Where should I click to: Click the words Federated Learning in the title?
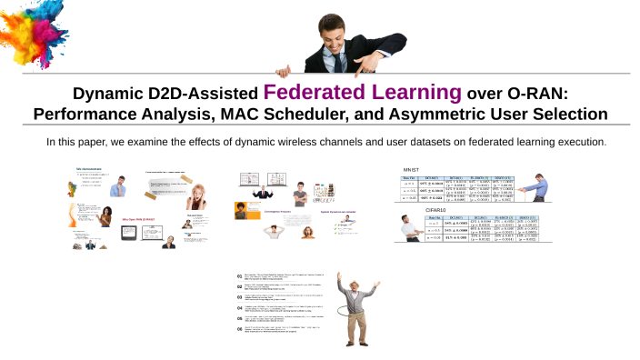[x=363, y=92]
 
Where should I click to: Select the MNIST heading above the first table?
[x=411, y=170]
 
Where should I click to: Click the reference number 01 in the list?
[x=239, y=275]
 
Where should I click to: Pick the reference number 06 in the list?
[x=239, y=329]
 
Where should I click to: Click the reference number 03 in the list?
[x=239, y=296]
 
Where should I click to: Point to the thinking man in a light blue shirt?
[x=117, y=186]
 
